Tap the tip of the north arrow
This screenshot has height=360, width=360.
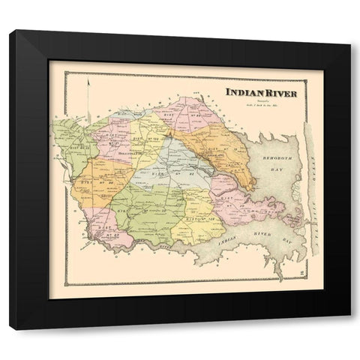pos(88,81)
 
